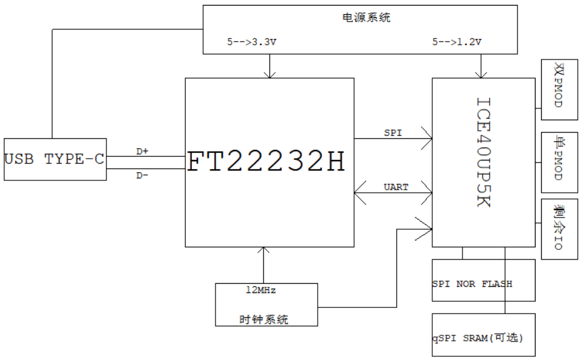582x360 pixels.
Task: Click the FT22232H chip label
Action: tap(266, 162)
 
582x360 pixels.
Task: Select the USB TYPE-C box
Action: tap(54, 159)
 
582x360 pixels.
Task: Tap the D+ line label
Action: tap(142, 151)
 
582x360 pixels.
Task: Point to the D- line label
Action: tap(142, 175)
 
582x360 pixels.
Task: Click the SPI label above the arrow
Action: tap(393, 133)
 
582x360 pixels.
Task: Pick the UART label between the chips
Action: tap(396, 187)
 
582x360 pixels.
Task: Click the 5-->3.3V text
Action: tap(251, 43)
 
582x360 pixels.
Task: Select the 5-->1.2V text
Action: tap(457, 43)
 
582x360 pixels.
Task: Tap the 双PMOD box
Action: tap(559, 90)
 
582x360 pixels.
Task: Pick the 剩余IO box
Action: tap(559, 228)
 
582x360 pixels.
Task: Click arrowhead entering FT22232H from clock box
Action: tap(264, 250)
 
